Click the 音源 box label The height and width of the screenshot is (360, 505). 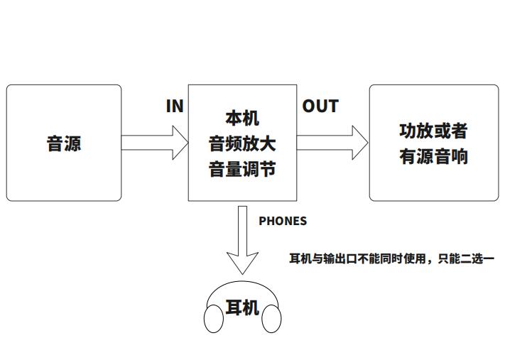(x=64, y=143)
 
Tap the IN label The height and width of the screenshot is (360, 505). (x=175, y=107)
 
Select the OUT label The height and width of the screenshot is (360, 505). (x=320, y=107)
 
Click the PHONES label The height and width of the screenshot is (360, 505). (x=283, y=221)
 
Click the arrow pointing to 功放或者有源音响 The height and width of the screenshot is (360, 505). (x=332, y=143)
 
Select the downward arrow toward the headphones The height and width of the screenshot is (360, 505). (x=242, y=238)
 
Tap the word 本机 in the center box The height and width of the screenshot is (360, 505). (x=242, y=118)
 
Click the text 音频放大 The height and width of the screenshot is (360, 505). (x=242, y=143)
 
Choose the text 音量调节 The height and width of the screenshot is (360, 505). (x=242, y=170)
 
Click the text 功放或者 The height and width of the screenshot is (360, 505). (x=433, y=131)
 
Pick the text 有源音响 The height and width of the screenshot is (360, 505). (x=433, y=156)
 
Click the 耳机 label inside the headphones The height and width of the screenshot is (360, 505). (x=242, y=307)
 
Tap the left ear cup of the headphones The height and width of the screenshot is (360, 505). (x=214, y=319)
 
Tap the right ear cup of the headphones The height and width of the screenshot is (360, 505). (x=271, y=319)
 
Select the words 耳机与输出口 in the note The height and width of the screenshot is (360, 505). (x=319, y=258)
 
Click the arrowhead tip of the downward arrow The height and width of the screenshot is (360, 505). (x=242, y=272)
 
